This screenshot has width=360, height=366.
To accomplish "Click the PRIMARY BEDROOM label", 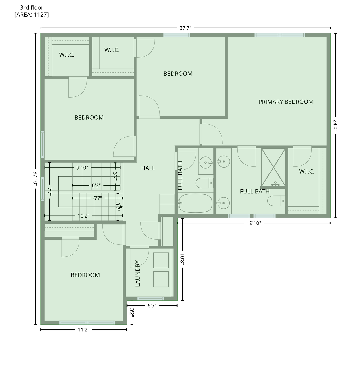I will coord(286,102).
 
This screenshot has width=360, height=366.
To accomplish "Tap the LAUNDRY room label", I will coord(138,273).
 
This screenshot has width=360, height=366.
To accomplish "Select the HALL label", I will coord(148,168).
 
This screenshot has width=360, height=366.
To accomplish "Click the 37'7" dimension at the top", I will coord(185,28).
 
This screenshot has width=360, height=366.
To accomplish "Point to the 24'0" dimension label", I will coord(335,125).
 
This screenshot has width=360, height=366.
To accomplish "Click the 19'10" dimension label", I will coord(254,223).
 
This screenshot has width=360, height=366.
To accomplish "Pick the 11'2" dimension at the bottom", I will coord(83,330).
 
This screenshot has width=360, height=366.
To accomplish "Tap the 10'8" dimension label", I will coord(182,260).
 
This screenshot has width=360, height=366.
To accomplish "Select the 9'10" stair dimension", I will coord(82,168).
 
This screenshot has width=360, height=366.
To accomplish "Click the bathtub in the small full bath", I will coord(195,203).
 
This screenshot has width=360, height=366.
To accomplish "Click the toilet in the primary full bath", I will coord(276,201).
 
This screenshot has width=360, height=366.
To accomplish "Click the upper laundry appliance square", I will coord(161,260).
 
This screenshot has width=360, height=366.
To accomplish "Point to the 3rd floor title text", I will coord(31,8).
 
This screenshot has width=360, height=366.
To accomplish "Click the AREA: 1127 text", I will coord(31,15).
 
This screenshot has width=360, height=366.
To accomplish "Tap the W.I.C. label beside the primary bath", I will coord(307,172).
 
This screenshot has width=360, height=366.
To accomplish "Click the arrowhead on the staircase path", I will coord(121,206).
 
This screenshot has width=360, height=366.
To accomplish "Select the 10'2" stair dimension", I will coord(83,216).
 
